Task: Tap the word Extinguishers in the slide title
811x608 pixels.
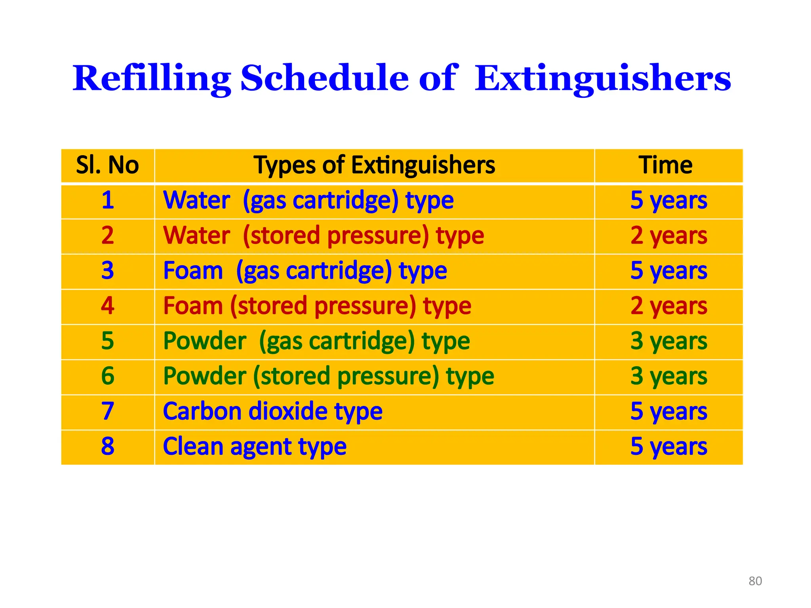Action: (602, 78)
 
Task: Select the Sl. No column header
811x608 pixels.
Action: (107, 165)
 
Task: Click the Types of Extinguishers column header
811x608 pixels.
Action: (374, 165)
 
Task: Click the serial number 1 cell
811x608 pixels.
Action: (108, 200)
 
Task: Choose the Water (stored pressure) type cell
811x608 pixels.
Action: (324, 236)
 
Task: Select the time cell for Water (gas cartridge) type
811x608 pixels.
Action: (668, 200)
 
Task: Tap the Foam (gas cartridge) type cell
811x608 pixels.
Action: (305, 271)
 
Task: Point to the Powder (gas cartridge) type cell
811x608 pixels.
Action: (316, 341)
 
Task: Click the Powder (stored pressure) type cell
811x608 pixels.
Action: (329, 376)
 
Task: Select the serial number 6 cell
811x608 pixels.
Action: (108, 376)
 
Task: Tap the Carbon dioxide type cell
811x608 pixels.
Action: (273, 411)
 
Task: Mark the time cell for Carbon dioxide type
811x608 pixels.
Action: (668, 411)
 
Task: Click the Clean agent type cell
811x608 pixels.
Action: (255, 446)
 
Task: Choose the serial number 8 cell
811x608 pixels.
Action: (108, 446)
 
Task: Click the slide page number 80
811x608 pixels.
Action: (755, 581)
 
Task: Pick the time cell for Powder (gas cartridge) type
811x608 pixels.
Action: (668, 341)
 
